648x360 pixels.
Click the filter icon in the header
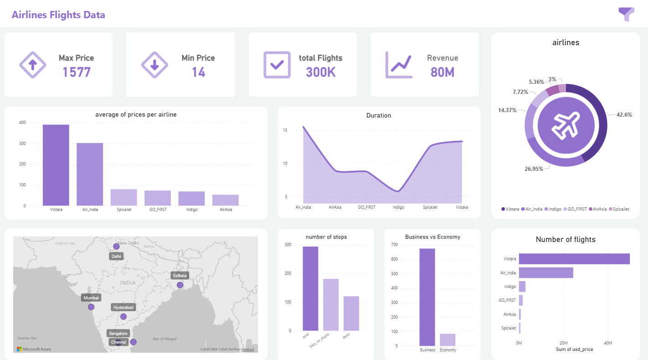click(x=626, y=14)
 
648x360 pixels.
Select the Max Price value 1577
click(x=77, y=72)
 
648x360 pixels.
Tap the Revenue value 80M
click(x=442, y=72)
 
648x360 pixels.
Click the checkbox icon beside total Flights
click(x=277, y=65)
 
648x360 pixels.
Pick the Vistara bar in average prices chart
click(x=56, y=165)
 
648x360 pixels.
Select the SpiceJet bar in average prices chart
click(x=123, y=197)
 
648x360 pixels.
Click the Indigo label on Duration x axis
click(x=398, y=207)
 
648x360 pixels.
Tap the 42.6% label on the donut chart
click(x=624, y=115)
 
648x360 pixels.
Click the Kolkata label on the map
click(x=180, y=276)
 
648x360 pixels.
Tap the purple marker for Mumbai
click(x=91, y=307)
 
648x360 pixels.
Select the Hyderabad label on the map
click(x=123, y=308)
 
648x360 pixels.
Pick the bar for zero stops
click(x=351, y=314)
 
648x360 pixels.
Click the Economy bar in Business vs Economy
click(x=447, y=339)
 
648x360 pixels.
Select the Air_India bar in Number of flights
click(x=546, y=273)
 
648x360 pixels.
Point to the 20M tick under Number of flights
click(x=564, y=343)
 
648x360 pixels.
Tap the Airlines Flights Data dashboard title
click(x=58, y=15)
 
